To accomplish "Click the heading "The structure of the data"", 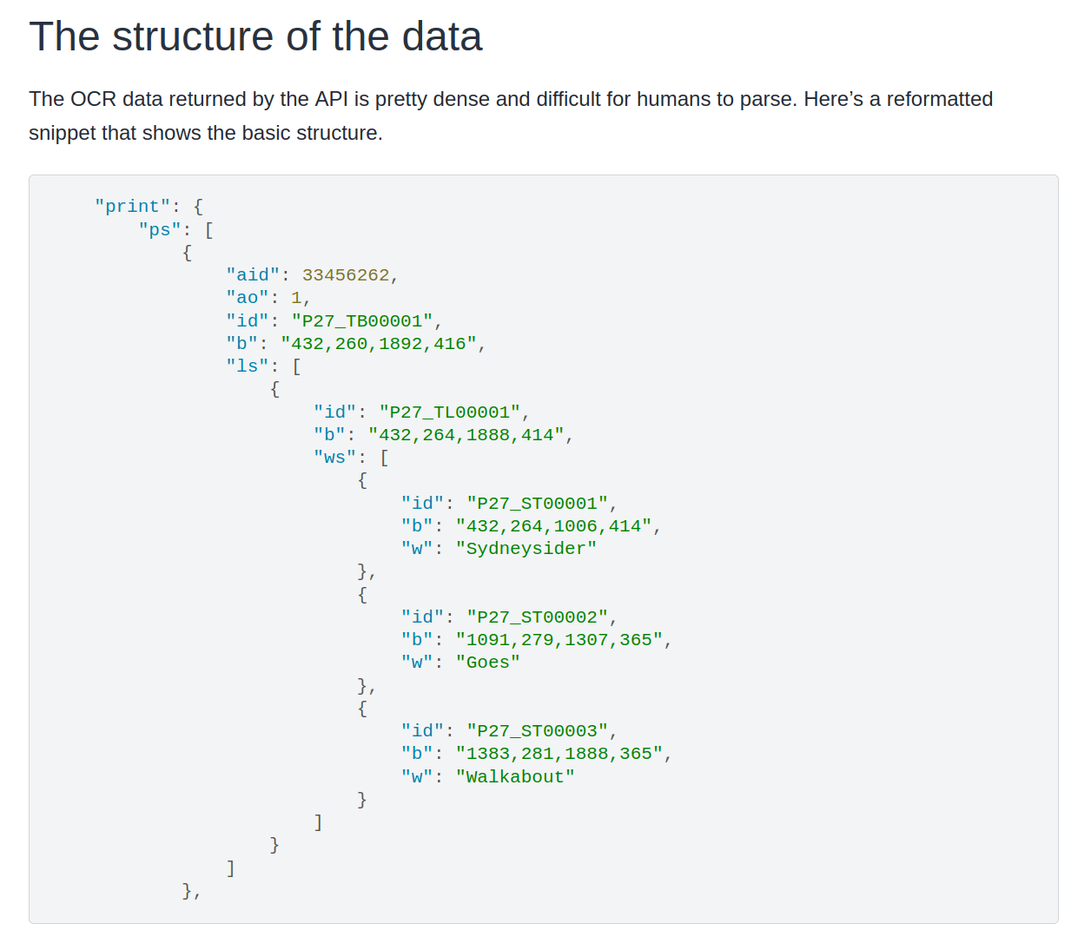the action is (x=255, y=36).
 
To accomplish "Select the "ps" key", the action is (x=160, y=230).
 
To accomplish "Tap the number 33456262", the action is (x=346, y=275).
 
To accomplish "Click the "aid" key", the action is (x=253, y=275).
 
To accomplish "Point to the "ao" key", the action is (x=248, y=298).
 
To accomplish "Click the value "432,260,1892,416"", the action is (x=379, y=344).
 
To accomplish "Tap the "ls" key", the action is (x=248, y=366).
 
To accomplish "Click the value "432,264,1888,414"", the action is (x=466, y=435).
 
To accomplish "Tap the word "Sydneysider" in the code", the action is (x=526, y=549).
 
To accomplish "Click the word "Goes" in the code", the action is (x=488, y=663).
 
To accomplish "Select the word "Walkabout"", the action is (x=515, y=777).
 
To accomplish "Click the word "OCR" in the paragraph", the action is (x=93, y=99).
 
